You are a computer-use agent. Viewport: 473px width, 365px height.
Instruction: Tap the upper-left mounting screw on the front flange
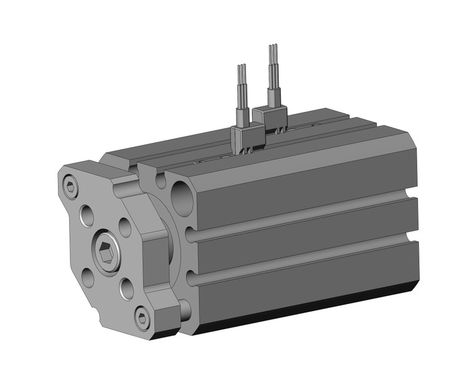(x=70, y=185)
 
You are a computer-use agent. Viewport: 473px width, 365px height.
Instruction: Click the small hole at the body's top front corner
(x=161, y=181)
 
